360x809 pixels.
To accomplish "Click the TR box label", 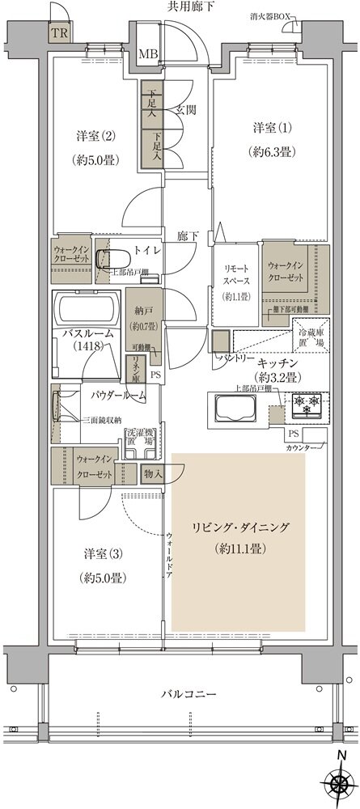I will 58,33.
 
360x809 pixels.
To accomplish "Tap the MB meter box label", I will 147,54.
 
